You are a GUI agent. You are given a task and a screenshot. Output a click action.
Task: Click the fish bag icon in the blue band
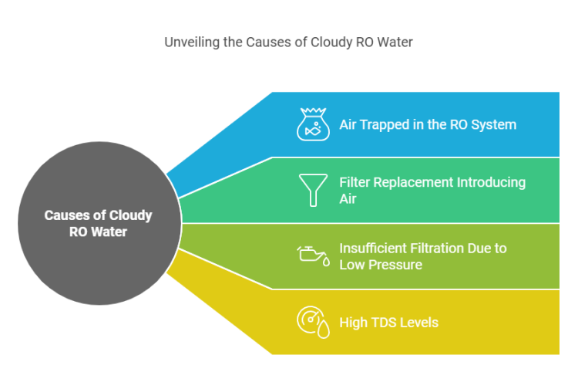click(313, 123)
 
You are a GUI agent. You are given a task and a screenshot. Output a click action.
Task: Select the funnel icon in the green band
click(313, 190)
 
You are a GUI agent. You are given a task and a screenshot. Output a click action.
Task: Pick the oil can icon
click(314, 255)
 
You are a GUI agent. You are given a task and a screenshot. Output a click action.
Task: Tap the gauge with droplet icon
click(314, 322)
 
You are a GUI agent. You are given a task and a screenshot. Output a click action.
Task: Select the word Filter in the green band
click(355, 182)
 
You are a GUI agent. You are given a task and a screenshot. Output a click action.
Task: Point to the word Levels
click(421, 322)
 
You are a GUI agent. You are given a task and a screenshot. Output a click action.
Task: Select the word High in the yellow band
click(354, 322)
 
